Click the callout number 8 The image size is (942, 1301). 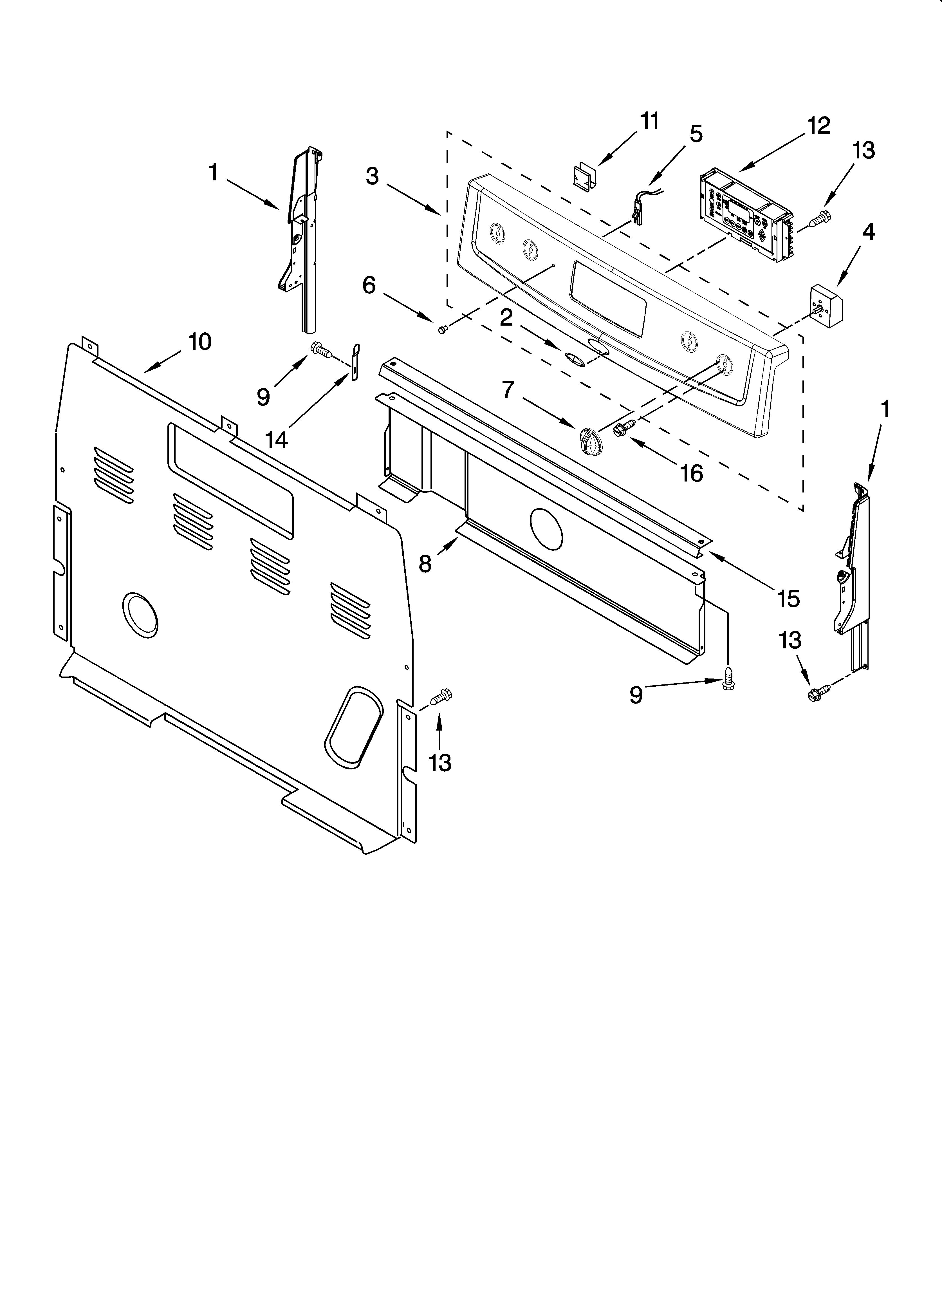425,564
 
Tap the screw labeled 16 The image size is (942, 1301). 624,427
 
